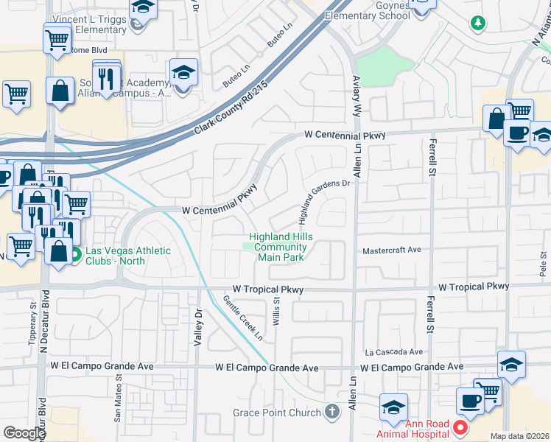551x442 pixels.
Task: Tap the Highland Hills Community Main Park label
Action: click(281, 247)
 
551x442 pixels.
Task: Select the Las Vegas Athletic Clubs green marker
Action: click(76, 255)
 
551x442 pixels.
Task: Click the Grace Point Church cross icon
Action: click(332, 413)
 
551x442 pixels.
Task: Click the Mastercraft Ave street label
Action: click(391, 250)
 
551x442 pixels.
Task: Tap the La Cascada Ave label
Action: click(394, 351)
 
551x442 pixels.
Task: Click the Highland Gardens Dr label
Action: click(323, 201)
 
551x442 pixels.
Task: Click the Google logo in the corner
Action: click(24, 433)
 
